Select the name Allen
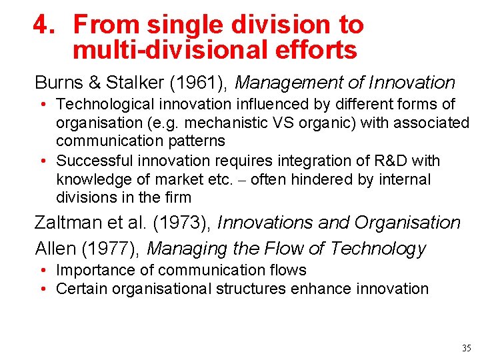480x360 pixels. tap(55, 249)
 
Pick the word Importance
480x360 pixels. tap(91, 270)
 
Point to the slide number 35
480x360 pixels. tap(465, 347)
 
